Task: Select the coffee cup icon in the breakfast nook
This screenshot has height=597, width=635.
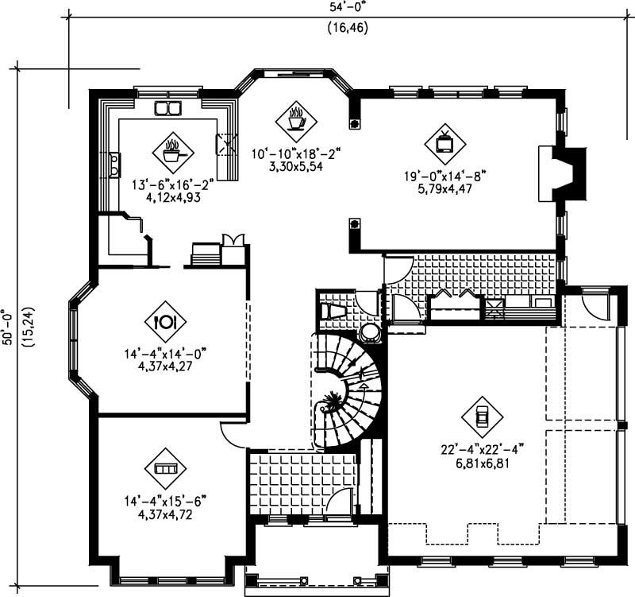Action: tap(295, 121)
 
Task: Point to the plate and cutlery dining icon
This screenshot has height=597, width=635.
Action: tap(164, 321)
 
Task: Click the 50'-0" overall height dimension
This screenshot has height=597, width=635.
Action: tap(8, 327)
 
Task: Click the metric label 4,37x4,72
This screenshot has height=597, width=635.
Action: tap(165, 514)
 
